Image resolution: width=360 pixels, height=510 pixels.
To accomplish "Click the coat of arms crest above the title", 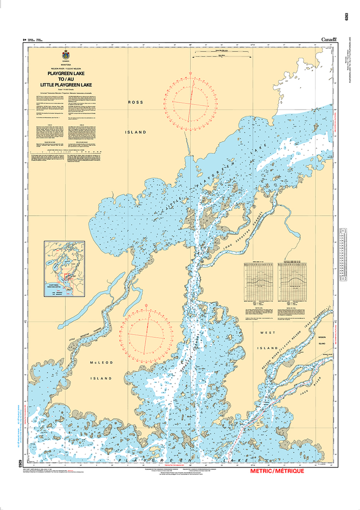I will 66,56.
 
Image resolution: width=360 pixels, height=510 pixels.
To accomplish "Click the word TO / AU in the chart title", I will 66,79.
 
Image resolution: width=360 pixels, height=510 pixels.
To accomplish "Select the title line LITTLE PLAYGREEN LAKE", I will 66,85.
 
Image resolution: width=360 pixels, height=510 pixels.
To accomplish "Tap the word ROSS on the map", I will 135,102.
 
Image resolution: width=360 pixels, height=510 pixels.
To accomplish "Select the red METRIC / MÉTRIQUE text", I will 277,471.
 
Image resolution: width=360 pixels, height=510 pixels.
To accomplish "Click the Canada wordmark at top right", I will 329,39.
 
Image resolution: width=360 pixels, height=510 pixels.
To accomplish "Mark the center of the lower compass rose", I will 148,335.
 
